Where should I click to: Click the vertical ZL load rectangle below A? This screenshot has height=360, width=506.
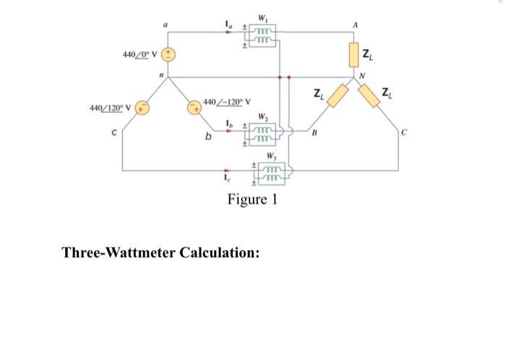(x=355, y=53)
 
